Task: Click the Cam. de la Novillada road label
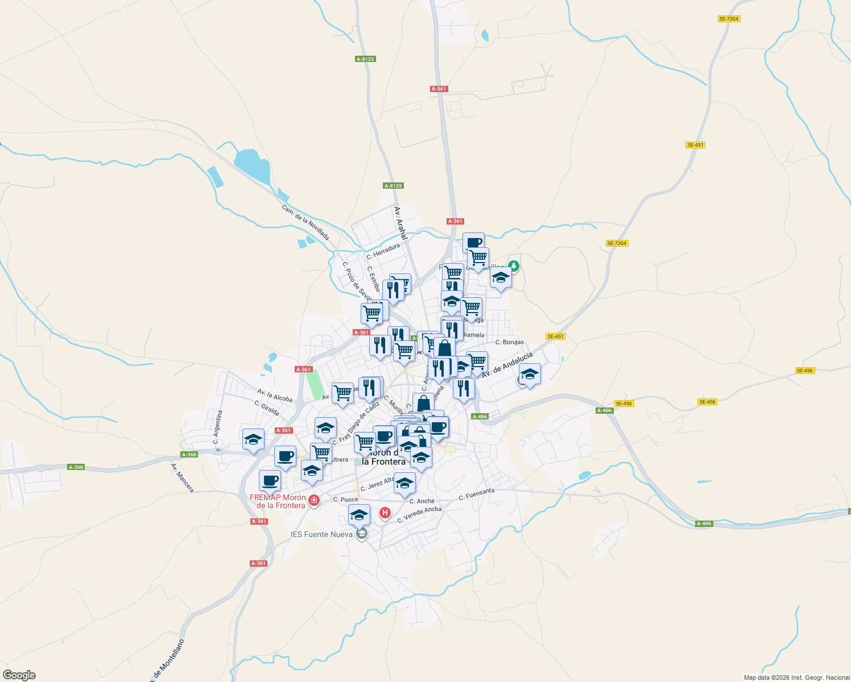pos(305,222)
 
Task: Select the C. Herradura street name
pos(383,251)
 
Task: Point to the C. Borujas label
pos(510,342)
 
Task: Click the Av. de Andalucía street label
pos(507,365)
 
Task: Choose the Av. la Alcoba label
pos(275,395)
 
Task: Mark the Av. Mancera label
pos(182,478)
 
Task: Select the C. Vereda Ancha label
pos(419,514)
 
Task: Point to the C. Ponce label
pos(346,500)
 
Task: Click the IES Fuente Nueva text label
pos(321,534)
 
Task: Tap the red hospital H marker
pos(385,513)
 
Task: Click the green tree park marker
pos(514,265)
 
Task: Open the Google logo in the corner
pos(19,675)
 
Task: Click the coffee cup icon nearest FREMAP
pos(270,481)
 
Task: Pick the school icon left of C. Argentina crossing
pos(253,439)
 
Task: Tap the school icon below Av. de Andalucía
pos(530,375)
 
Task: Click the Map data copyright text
pos(796,677)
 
